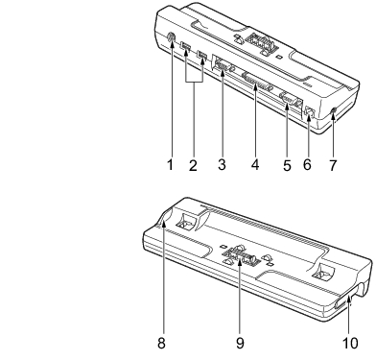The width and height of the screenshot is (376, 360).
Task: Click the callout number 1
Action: coord(170,165)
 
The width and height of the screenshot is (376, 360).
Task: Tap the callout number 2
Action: coord(193,165)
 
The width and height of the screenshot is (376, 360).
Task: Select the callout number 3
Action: coord(222,165)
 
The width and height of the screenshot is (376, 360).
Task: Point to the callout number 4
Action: coord(255,165)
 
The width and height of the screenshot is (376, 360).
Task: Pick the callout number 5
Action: coord(287,165)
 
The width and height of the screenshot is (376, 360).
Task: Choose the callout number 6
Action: coord(307,165)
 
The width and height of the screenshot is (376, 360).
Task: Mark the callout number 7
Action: coord(333,165)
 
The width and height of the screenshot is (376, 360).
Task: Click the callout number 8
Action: coord(161,343)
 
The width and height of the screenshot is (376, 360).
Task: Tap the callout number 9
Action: coord(240,343)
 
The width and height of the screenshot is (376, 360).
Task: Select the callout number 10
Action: coord(350,343)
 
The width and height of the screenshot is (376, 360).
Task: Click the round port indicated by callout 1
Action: coord(172,37)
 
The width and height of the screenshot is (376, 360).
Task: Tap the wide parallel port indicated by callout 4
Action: coord(256,83)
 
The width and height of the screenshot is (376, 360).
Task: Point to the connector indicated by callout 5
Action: coord(290,99)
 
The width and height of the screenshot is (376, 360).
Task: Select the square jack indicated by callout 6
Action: coord(310,112)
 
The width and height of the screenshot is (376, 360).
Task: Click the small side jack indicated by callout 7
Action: coord(334,110)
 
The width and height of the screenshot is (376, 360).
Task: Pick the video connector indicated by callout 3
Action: coord(223,66)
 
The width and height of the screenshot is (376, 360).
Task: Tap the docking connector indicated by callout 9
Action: coord(240,253)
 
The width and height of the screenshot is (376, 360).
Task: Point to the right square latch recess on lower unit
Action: coord(323,271)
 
